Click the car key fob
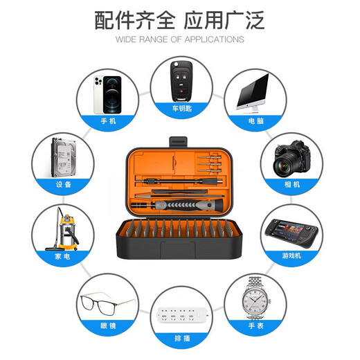(181, 81)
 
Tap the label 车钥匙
(182, 108)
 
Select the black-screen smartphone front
(112, 95)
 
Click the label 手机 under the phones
(108, 120)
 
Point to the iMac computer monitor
(253, 93)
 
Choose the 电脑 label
(256, 120)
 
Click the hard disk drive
(64, 157)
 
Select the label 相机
(292, 184)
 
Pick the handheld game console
(291, 233)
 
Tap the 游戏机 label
(291, 255)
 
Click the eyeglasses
(107, 303)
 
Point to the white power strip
(182, 315)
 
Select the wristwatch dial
(255, 300)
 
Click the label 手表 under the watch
(256, 325)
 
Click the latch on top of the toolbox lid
(178, 142)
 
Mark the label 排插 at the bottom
(182, 339)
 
